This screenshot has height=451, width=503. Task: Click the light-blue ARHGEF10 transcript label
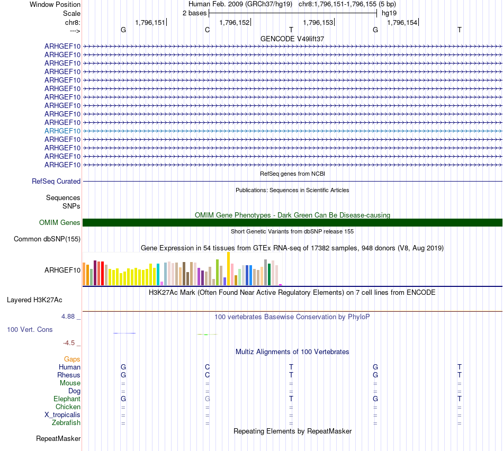62,131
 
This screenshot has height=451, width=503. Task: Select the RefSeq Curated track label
56,181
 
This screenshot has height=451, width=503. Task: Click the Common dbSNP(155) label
47,239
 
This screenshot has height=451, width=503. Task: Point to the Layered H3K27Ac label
34,300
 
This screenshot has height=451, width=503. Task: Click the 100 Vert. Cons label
30,329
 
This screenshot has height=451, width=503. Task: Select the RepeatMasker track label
58,438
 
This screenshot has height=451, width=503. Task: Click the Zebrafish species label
66,422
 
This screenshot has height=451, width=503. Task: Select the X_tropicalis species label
62,414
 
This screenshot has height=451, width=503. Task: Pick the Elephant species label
67,399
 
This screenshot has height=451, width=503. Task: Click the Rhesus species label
69,375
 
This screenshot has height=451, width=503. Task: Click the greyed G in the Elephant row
208,399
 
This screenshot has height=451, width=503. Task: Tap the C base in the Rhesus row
208,375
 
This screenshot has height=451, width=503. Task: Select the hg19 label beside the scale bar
389,13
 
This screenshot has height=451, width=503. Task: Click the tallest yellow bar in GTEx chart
228,268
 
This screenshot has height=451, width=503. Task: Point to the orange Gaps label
72,359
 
